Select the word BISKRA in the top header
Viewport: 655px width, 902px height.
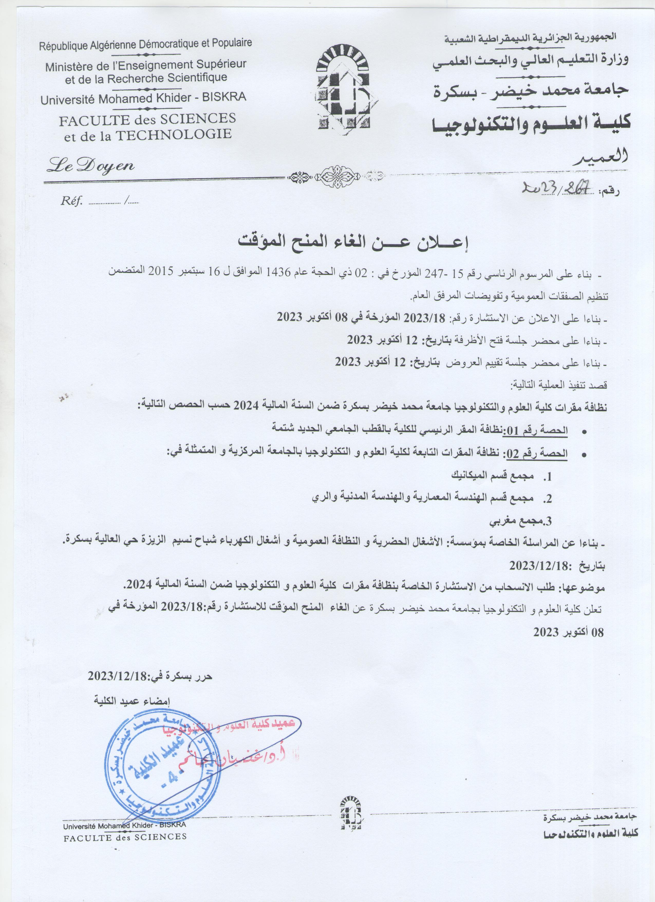pyautogui.click(x=224, y=97)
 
